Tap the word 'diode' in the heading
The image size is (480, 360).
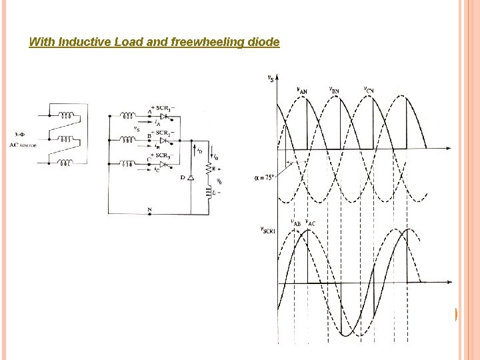point(263,43)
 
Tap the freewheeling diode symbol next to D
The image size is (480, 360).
point(191,178)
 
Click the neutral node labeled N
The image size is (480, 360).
point(149,209)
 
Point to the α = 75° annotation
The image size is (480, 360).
point(266,177)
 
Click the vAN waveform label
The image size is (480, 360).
point(301,91)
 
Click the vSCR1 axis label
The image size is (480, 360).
point(267,229)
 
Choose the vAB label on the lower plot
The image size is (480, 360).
point(296,223)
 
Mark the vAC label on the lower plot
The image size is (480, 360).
point(311,223)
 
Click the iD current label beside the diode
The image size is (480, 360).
point(199,151)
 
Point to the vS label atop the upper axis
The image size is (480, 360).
point(270,78)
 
